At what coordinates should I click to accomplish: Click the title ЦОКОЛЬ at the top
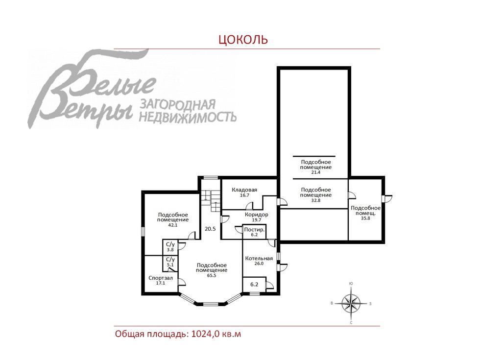coord(243,39)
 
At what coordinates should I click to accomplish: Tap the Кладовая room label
coord(245,190)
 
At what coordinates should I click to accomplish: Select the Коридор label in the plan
coord(256,215)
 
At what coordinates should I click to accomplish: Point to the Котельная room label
coord(259,258)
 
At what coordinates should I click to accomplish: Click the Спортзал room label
coord(160,278)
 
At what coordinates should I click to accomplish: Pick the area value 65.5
coord(211,275)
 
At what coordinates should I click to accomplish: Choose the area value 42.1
coord(172,225)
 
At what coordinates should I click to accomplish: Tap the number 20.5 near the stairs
coord(210,229)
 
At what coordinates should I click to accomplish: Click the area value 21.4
coord(315,172)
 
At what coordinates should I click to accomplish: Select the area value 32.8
coord(315,200)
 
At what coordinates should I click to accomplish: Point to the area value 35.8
coord(365,218)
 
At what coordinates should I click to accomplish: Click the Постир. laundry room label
coord(254,229)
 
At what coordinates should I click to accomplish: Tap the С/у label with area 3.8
coord(170,244)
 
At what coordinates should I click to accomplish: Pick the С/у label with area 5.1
coord(170,259)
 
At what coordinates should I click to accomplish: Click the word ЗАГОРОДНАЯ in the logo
coord(178,104)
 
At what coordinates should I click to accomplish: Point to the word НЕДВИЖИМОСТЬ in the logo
coord(188,117)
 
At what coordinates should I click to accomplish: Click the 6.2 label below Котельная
coord(254,284)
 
